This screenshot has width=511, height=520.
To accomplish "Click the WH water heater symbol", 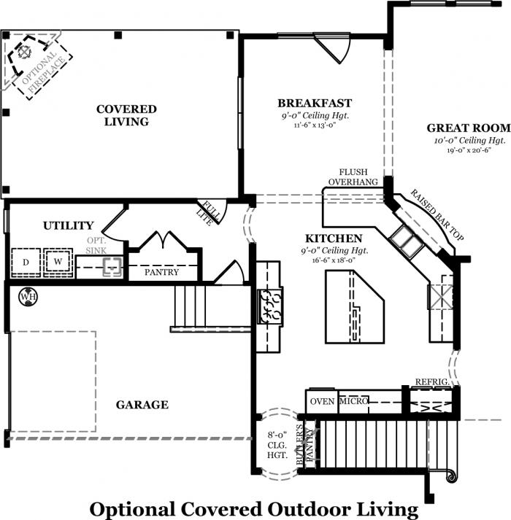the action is tap(28, 296).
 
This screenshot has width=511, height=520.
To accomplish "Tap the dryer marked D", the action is tap(26, 263).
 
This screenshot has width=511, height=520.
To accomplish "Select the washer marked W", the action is tap(58, 262).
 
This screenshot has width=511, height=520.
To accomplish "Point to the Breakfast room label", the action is tap(315, 103).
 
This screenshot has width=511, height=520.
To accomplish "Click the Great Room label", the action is tap(469, 128).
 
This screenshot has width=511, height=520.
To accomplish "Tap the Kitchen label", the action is tap(334, 238).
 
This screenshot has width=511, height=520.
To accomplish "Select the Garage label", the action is tap(142, 405).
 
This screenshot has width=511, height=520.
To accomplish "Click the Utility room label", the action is tap(69, 226).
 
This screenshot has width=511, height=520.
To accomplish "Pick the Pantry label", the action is tap(162, 272).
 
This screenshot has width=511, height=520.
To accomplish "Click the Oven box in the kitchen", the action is tap(322, 401).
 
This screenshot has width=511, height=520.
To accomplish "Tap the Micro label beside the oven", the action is tap(353, 401).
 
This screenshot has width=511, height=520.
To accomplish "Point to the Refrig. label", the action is tap(432, 382).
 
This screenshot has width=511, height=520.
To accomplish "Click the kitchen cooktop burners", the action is tap(270, 306).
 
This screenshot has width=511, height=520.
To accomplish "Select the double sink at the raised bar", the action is tap(406, 241).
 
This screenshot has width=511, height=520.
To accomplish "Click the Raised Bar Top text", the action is tap(437, 215).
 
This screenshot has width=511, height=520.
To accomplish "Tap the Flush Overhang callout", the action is tap(353, 177).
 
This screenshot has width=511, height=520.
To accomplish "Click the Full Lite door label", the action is tap(208, 213).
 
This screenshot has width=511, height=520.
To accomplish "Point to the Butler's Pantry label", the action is tap(305, 444).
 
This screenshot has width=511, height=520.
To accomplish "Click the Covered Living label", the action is tap(126, 115).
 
